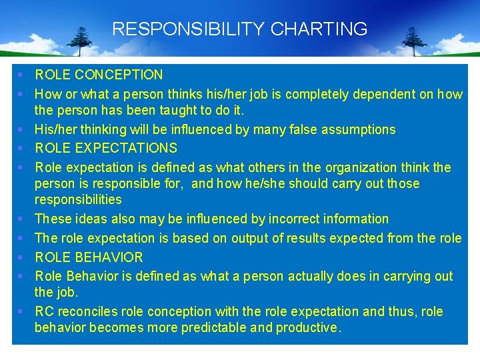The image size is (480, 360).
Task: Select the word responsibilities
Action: (x=78, y=199)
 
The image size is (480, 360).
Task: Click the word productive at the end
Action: (x=310, y=327)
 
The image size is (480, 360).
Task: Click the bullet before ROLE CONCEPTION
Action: (x=22, y=75)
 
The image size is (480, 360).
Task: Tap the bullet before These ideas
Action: (x=22, y=219)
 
